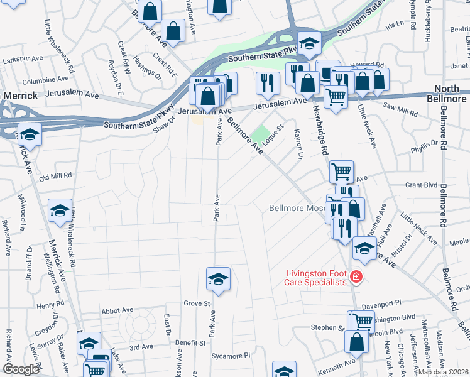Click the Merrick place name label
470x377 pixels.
[x=22, y=96]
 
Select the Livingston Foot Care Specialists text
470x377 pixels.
[x=316, y=278]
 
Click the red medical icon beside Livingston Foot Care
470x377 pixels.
[x=356, y=276]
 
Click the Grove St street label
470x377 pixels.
[x=197, y=303]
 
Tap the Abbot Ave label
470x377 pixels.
[x=117, y=310]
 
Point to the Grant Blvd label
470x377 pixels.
[x=421, y=185]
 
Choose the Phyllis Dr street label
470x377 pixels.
[x=424, y=148]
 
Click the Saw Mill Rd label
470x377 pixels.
[x=403, y=111]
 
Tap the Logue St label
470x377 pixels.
[x=274, y=136]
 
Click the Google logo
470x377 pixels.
[x=21, y=369]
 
